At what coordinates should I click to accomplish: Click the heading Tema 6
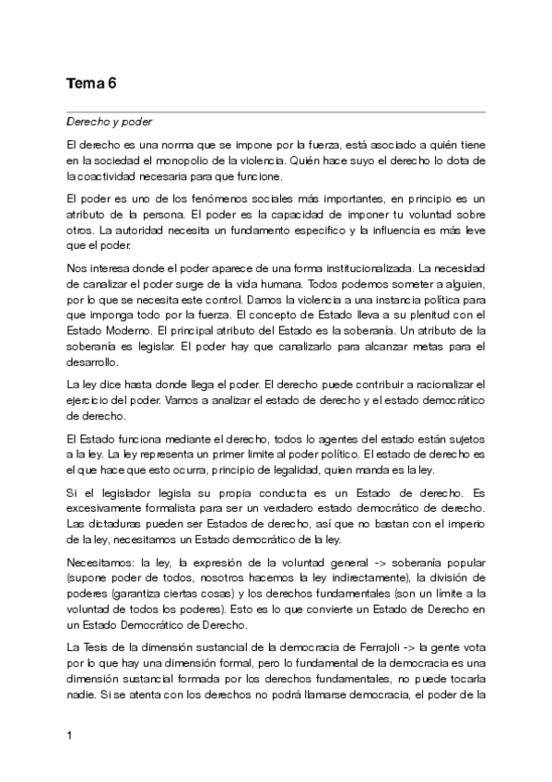91,84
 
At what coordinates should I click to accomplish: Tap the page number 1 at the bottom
69,735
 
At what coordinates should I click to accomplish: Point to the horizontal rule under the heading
276,112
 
